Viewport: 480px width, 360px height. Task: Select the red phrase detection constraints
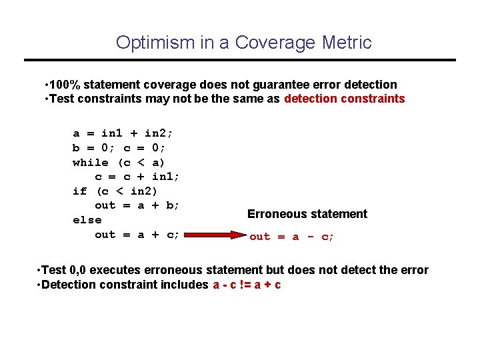344,99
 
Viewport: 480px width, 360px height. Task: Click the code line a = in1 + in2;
123,133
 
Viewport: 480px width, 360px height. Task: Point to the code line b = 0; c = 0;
119,148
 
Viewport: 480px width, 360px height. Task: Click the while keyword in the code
90,163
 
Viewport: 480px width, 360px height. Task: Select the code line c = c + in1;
137,177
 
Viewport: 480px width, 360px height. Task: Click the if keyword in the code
79,191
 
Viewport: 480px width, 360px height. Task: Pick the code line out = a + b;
137,205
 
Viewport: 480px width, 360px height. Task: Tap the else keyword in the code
87,220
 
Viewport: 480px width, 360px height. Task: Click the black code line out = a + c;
137,235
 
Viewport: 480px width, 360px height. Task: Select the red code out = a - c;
291,237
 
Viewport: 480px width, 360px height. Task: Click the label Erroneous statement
307,214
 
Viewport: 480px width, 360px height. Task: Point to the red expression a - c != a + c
247,285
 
